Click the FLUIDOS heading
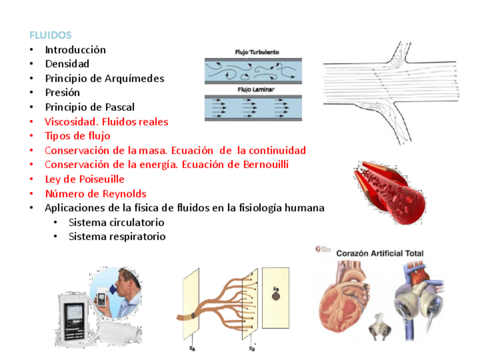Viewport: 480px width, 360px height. (x=50, y=35)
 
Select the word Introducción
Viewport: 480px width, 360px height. (x=75, y=50)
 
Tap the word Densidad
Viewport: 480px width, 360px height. (x=67, y=64)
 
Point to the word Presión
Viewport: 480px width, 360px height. (x=62, y=92)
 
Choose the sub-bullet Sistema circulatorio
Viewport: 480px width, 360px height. (x=116, y=222)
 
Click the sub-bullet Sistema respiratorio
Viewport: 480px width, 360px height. (x=117, y=237)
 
